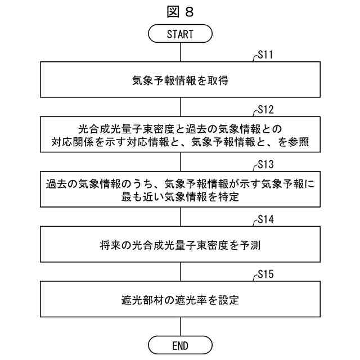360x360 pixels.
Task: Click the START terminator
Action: [180, 34]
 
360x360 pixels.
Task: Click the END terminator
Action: [180, 345]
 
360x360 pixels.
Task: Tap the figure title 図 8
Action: [180, 11]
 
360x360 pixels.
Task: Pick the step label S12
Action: [265, 110]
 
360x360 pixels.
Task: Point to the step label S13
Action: [265, 165]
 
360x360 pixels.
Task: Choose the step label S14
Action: [265, 220]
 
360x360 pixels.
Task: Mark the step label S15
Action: [265, 275]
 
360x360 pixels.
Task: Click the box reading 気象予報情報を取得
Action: [180, 80]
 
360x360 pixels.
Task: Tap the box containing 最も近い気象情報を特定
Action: [180, 190]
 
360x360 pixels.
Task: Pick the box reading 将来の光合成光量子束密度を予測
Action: [180, 245]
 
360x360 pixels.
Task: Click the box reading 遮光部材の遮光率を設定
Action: [180, 300]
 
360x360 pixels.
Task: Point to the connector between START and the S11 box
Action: [180, 52]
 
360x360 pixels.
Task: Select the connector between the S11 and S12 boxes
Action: [180, 107]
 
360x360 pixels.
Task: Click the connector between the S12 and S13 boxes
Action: [180, 162]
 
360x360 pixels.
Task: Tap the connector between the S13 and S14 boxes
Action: [180, 217]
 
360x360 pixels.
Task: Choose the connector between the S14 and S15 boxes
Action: [180, 272]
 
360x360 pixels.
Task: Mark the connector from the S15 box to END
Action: [180, 327]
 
